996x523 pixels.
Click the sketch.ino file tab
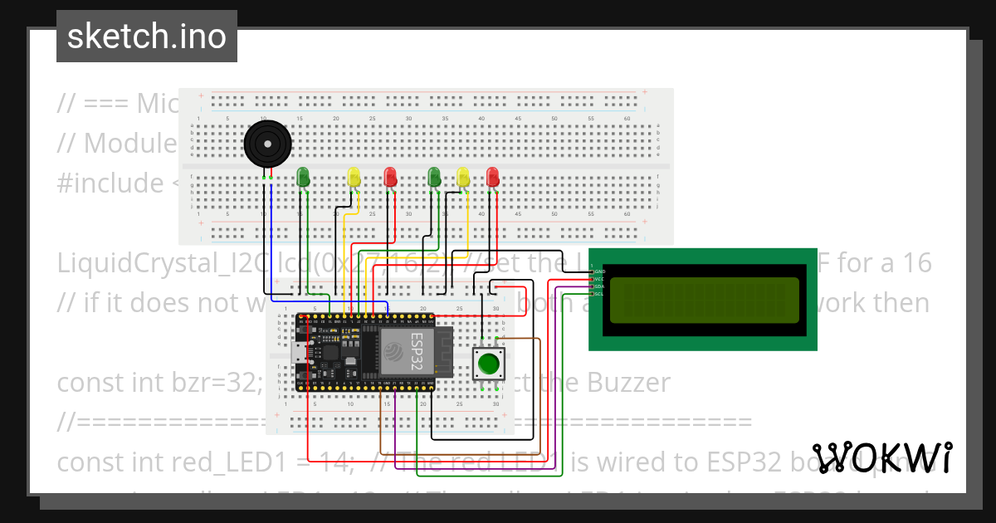[x=147, y=37]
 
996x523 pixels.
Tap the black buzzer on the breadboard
[x=267, y=145]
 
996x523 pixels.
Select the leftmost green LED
[x=304, y=177]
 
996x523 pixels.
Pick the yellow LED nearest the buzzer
[x=354, y=177]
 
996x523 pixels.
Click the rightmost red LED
[x=493, y=177]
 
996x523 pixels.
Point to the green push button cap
[x=489, y=364]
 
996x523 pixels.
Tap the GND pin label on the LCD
[x=599, y=271]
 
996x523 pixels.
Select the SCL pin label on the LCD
[x=599, y=293]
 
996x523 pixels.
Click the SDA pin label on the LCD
[x=599, y=286]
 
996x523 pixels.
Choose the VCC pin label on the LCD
[x=599, y=279]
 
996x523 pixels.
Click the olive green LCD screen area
[x=705, y=300]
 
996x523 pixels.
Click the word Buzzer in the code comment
[x=629, y=383]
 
